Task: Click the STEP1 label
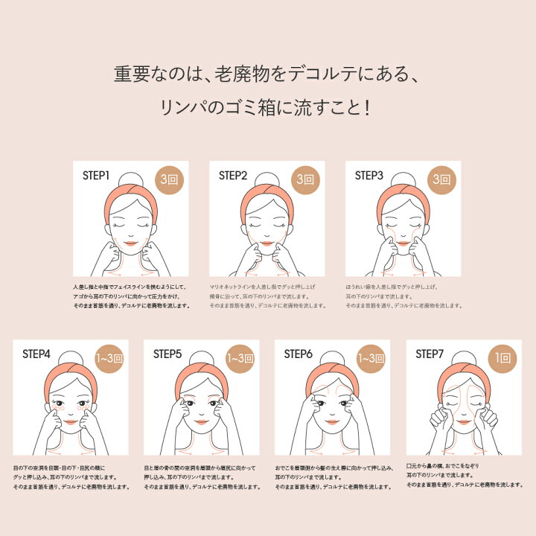point(96,176)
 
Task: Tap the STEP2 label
point(233,176)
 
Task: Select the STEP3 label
point(369,176)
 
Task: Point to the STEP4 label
point(36,354)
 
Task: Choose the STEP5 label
point(167,354)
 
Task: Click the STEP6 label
point(298,354)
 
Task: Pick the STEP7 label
point(430,354)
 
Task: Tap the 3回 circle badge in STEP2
point(305,180)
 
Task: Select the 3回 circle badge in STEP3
point(441,180)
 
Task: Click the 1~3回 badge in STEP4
point(109,359)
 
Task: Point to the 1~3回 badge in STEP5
point(240,359)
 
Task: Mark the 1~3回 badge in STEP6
point(371,359)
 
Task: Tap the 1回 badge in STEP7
point(502,359)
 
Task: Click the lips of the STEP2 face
point(267,241)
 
